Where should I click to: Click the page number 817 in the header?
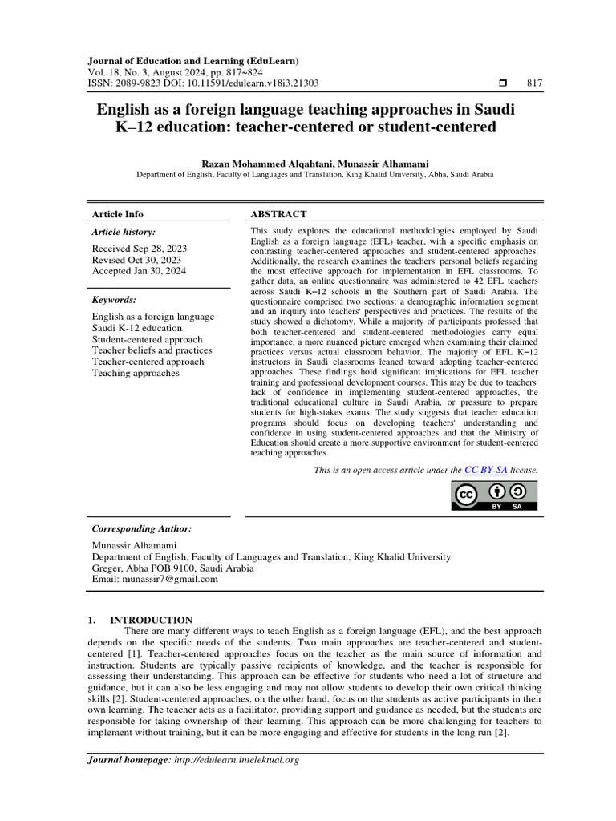534,83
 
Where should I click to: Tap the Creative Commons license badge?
493,496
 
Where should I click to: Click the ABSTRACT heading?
278,214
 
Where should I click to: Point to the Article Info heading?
118,214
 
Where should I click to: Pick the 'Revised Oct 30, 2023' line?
136,260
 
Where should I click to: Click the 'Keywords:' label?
115,300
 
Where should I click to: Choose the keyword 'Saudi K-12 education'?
137,328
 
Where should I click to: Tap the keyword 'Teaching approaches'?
136,373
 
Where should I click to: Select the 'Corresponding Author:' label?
142,529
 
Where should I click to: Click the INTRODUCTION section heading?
151,620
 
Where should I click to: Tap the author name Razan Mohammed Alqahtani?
267,163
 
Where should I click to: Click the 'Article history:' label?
124,232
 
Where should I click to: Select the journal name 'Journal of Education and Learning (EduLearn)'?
192,60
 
